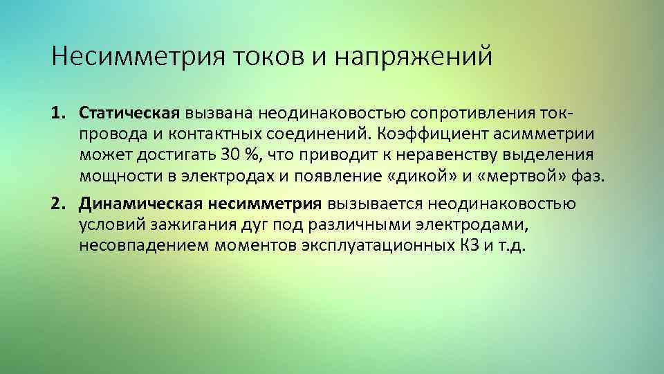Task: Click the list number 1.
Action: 58,112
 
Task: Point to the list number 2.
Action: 58,204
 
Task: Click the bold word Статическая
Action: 129,112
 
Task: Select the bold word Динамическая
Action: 139,204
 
